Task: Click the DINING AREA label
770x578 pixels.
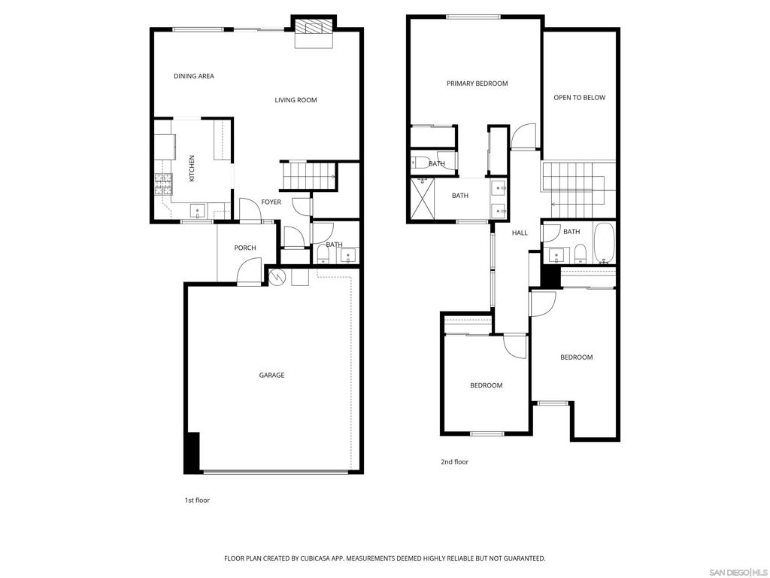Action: point(194,76)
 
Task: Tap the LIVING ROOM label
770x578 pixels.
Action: point(296,100)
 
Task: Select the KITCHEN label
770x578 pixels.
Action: point(192,168)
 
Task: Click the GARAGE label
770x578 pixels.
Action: point(271,376)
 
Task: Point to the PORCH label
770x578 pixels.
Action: point(245,248)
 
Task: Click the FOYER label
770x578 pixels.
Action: point(271,202)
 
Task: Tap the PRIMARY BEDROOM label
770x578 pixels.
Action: point(477,84)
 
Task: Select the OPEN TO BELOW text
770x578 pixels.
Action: point(580,98)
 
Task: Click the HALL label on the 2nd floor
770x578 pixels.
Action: point(520,233)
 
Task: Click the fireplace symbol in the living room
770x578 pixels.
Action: point(314,28)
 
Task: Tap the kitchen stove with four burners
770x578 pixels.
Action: point(163,185)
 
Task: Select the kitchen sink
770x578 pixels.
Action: point(198,211)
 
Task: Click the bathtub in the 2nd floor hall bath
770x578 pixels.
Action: point(604,243)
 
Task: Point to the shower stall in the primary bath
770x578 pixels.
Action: point(423,199)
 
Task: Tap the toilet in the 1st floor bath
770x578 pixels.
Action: point(323,254)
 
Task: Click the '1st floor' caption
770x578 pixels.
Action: point(197,500)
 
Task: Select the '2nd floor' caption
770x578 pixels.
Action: point(454,462)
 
